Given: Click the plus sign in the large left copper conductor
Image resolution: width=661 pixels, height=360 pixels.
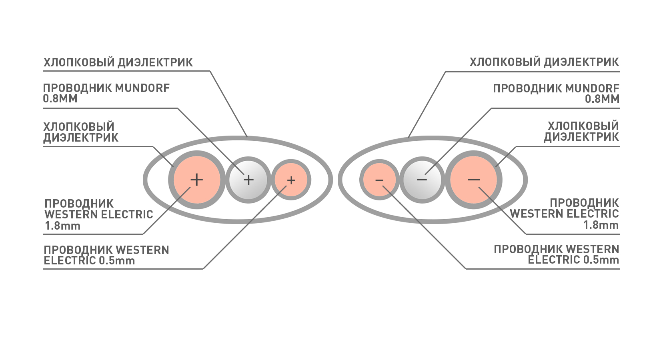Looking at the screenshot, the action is click(197, 180).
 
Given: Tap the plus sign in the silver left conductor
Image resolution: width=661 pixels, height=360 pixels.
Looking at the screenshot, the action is click(248, 180).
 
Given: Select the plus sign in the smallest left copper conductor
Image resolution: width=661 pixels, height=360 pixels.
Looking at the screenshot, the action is click(291, 180).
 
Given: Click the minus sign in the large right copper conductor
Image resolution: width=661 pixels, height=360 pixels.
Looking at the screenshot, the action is click(474, 180).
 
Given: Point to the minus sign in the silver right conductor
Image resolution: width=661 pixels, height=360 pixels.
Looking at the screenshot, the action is click(422, 180).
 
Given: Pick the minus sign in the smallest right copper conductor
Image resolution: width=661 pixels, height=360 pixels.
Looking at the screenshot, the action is click(379, 180).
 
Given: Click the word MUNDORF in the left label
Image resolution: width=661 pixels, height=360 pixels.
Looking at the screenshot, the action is click(142, 88).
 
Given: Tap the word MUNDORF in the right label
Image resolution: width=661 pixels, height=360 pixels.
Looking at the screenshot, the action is click(592, 88).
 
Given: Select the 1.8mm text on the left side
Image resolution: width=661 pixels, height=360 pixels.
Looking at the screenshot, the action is click(62, 226).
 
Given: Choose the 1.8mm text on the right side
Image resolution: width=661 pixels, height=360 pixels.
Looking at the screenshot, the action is click(601, 225).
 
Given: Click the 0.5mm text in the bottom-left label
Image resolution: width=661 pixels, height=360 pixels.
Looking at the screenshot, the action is click(116, 260).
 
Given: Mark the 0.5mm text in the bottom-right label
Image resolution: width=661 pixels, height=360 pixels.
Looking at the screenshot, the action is click(601, 260).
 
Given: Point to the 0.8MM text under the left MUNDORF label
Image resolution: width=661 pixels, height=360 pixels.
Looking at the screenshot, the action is click(60, 98).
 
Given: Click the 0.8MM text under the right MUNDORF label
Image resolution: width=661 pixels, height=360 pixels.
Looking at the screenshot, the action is click(602, 99).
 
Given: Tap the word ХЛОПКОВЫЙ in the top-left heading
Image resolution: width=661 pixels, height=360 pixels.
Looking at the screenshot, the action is click(79, 62).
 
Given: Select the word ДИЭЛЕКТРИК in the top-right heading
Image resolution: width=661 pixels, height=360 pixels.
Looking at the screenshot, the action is click(581, 62).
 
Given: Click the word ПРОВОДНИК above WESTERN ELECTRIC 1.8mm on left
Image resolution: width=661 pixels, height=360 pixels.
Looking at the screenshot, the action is click(79, 204).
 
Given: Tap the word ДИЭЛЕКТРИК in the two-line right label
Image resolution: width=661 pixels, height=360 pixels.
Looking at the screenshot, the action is click(581, 137).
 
